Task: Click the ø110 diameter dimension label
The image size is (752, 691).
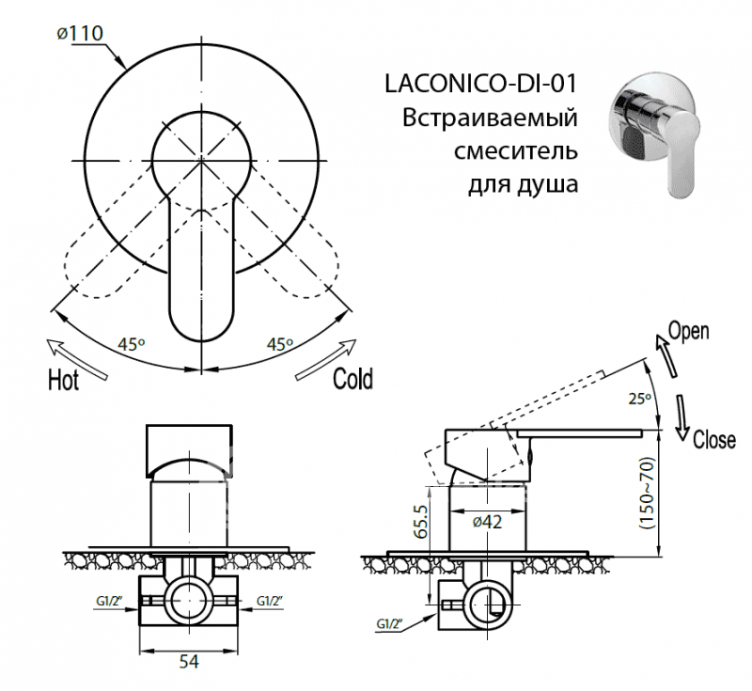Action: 80,33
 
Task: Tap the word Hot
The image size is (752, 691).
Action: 63,381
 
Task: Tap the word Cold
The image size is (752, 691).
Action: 353,378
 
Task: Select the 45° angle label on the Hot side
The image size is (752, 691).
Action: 132,344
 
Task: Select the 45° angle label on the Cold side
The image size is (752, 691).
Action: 279,344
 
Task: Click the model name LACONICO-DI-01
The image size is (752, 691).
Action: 480,84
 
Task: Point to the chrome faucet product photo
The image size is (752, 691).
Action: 653,134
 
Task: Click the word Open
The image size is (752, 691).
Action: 689,331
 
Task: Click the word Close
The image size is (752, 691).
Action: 714,439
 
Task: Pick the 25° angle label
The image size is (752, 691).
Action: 639,398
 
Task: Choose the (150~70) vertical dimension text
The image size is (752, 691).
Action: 647,493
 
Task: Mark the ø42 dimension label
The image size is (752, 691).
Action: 487,521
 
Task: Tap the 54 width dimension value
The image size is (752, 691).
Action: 189,662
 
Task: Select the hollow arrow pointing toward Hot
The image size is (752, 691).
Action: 77,359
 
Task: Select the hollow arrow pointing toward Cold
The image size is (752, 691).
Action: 326,359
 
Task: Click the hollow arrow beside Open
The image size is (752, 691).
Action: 666,355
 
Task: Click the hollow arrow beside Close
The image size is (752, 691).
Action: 682,417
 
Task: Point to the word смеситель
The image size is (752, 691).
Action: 515,150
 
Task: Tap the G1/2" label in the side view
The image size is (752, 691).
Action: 389,624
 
